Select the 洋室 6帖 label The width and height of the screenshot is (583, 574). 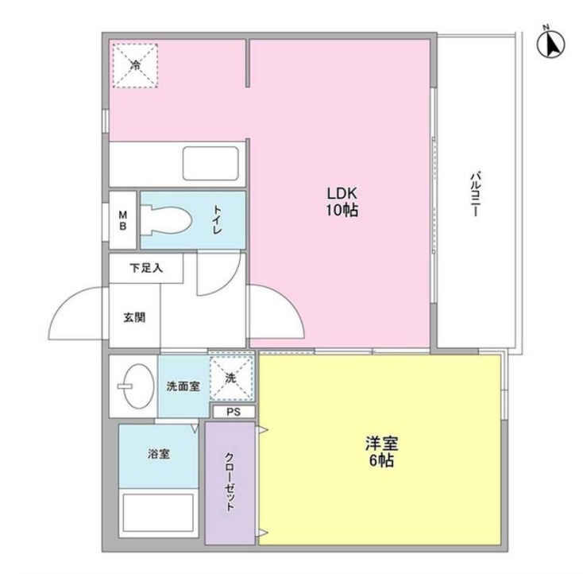380,452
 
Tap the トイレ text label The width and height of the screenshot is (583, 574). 217,219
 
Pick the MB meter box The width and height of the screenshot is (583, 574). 123,219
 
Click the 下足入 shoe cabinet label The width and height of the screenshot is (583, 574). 146,268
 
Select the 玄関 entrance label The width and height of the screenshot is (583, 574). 133,316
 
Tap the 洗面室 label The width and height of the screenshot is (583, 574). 183,386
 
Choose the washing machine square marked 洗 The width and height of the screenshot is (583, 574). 231,378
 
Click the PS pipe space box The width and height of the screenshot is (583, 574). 234,412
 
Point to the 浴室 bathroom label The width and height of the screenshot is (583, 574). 158,455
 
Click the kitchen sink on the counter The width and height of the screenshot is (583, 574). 210,163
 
